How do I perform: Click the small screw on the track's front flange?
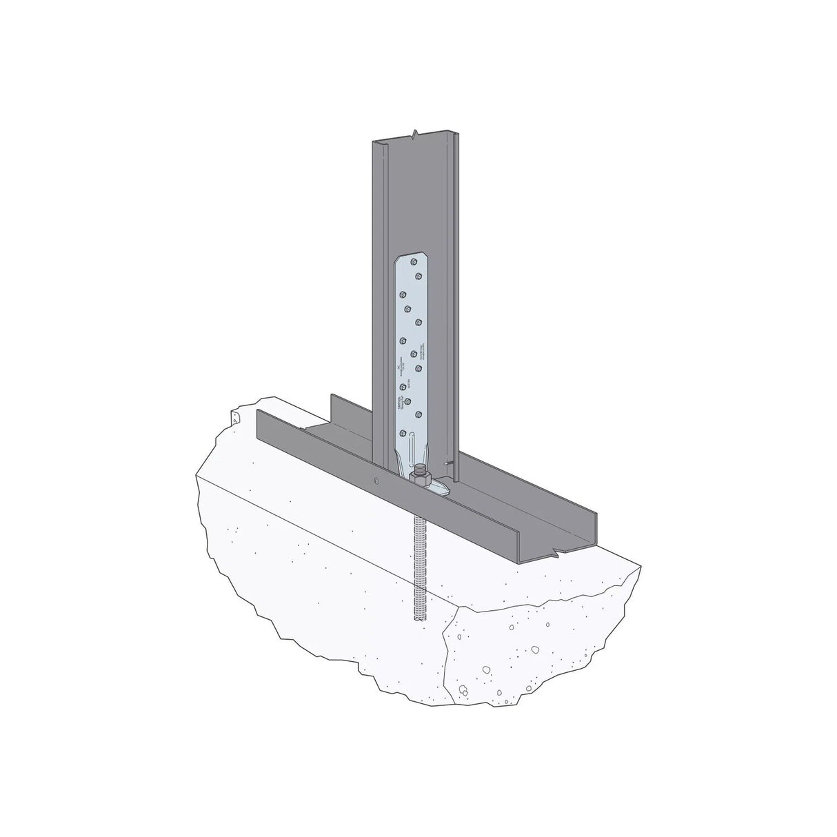tap(376, 481)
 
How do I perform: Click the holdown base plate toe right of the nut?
tap(441, 490)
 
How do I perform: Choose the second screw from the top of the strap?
tap(418, 276)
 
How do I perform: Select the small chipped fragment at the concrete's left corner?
tap(234, 418)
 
